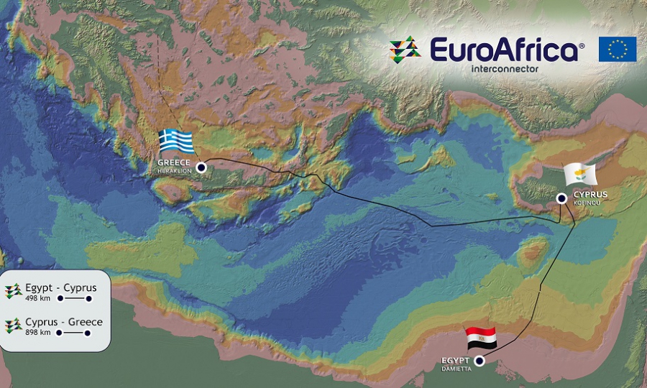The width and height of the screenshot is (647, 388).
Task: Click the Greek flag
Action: click(x=176, y=141)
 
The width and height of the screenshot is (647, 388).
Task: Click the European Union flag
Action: click(x=617, y=49)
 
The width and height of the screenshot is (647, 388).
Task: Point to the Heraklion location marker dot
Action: click(x=201, y=167)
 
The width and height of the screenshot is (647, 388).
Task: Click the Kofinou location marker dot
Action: click(x=561, y=199)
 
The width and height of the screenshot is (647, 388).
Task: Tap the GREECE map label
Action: click(x=174, y=163)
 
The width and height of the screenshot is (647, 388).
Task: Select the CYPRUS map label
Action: click(x=590, y=195)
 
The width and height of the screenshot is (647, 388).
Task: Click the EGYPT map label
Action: click(x=455, y=359)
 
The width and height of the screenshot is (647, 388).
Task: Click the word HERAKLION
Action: click(x=174, y=171)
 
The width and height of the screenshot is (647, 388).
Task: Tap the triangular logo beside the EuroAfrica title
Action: click(x=405, y=50)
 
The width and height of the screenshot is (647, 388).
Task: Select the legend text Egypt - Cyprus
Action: click(x=61, y=287)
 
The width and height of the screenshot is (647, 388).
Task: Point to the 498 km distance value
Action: click(x=38, y=298)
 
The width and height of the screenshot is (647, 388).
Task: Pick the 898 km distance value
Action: click(x=38, y=333)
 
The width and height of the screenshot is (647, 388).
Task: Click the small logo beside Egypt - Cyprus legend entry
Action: click(x=12, y=290)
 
